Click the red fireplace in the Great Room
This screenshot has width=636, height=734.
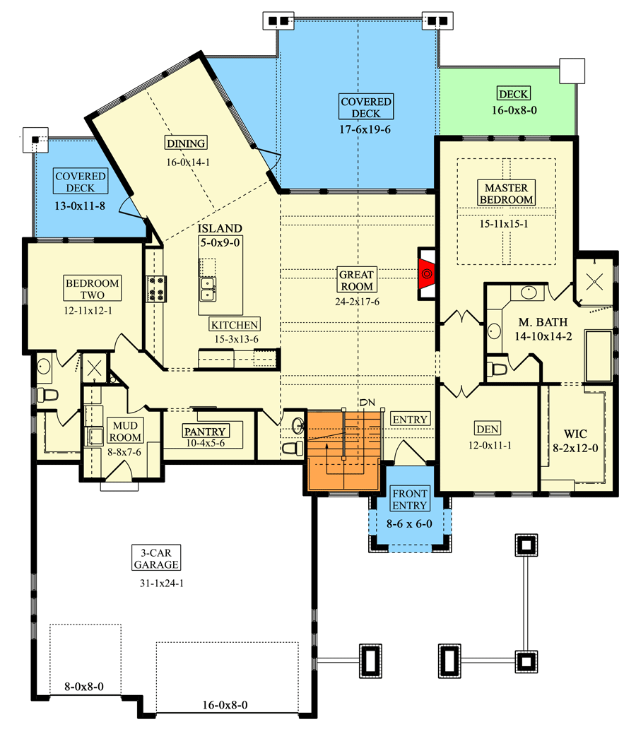point(426,271)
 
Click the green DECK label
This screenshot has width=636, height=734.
point(513,94)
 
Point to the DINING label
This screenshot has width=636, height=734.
point(186,143)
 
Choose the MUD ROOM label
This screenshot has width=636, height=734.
point(125,432)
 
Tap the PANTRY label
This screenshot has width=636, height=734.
point(204,432)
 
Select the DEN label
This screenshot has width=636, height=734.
point(486,428)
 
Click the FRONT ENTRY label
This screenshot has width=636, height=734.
point(409,499)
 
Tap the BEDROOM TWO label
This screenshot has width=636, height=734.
point(93,289)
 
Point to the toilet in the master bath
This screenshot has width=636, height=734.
point(498,367)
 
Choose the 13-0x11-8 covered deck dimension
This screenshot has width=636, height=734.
point(80,207)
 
